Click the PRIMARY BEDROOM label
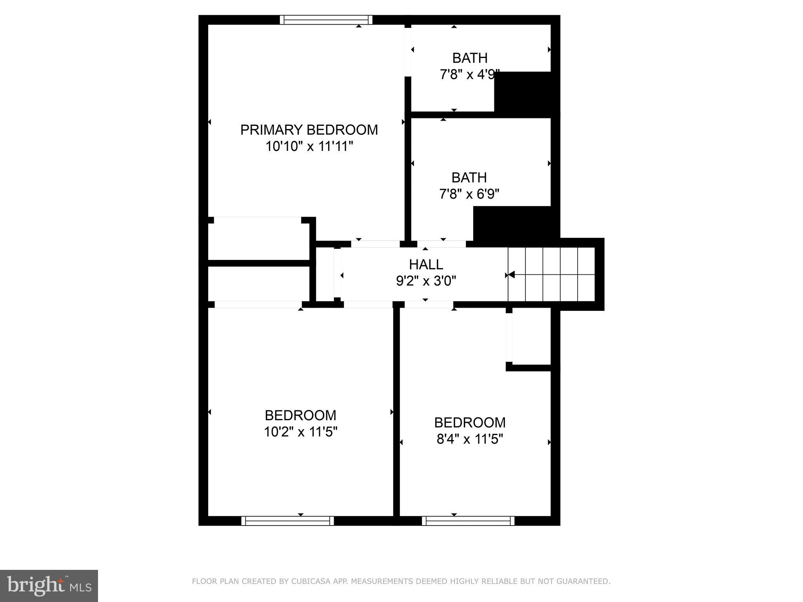(x=309, y=130)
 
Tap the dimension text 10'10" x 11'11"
(x=309, y=147)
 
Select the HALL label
(x=426, y=265)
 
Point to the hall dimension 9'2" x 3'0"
(x=426, y=281)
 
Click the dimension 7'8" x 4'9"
(x=469, y=74)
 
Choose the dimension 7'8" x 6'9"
(x=469, y=194)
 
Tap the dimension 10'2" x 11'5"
(x=300, y=432)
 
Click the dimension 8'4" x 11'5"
(x=470, y=439)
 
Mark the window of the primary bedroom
(x=326, y=20)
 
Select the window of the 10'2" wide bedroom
(x=287, y=520)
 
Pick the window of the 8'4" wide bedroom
(x=468, y=520)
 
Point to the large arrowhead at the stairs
(x=511, y=275)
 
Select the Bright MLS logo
(x=49, y=586)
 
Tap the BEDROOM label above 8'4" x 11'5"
(x=470, y=422)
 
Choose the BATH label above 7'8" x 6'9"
(x=469, y=178)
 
